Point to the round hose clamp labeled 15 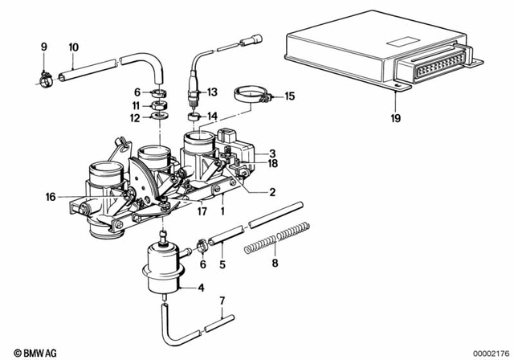[251, 96]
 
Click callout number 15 [290, 96]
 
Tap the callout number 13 [213, 92]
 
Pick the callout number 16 [51, 195]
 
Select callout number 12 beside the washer [137, 119]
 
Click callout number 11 [137, 105]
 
